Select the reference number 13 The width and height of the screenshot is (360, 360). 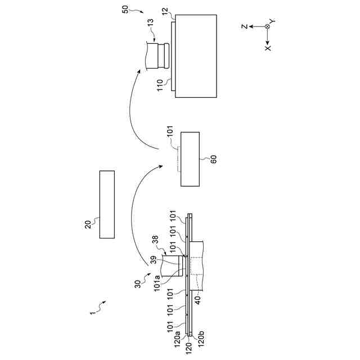coord(150,23)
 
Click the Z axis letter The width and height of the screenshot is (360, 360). coord(244,26)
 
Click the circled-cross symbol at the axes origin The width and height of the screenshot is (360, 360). coord(268,26)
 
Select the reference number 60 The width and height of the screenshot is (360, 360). coord(213,158)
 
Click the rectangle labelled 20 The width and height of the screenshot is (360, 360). coord(107,204)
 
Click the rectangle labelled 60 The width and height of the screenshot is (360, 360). coord(190,159)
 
